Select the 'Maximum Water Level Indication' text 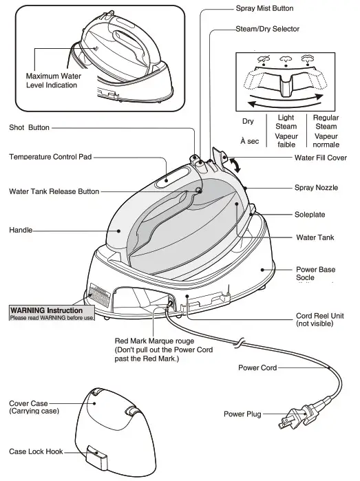coord(52,81)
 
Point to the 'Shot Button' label coord(30,127)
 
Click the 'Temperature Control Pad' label coord(50,157)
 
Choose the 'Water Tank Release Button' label coord(54,191)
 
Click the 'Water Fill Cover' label coord(321,158)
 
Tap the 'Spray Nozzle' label coord(316,187)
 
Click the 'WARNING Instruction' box coord(51,314)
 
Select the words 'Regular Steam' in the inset coord(326,122)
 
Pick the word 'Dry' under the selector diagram coord(248,122)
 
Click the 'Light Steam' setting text coord(286,122)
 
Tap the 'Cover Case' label coord(34,407)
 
